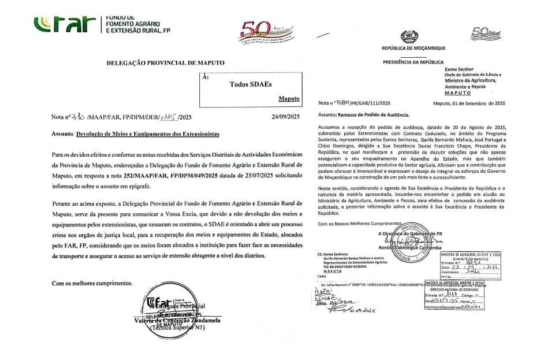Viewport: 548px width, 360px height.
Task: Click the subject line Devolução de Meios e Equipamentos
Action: (147, 133)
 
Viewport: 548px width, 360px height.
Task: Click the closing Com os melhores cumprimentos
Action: (92, 284)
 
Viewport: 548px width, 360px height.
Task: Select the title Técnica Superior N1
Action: (178, 328)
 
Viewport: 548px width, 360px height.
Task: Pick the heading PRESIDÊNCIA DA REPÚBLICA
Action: (413, 62)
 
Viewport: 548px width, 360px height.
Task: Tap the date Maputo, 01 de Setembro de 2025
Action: (469, 103)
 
